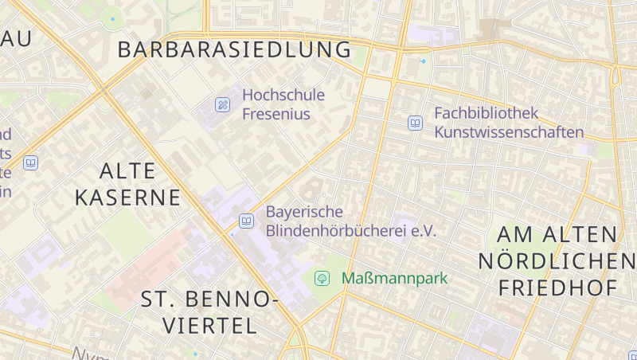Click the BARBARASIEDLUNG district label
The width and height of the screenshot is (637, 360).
point(234,49)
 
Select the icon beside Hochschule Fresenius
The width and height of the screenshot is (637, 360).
point(223,104)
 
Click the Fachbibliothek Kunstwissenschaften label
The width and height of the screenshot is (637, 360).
point(509,123)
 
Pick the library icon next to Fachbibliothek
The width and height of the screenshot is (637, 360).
point(415,123)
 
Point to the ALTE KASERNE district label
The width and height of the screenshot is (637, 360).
point(128,183)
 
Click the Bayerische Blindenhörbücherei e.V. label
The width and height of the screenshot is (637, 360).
point(350,221)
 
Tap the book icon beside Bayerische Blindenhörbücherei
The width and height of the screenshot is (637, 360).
point(247,221)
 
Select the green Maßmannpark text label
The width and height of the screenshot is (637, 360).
point(395,278)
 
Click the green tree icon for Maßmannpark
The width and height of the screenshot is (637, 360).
point(322,278)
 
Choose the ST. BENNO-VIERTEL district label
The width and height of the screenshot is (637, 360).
point(209,312)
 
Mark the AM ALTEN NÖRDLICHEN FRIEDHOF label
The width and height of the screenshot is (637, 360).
point(557,260)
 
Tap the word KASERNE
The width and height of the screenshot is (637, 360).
point(128,197)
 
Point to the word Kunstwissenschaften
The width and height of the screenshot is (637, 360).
point(509,132)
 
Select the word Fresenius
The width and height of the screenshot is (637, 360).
point(276,114)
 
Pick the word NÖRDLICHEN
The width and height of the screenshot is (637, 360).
point(557,260)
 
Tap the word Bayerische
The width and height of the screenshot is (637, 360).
point(304,212)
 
